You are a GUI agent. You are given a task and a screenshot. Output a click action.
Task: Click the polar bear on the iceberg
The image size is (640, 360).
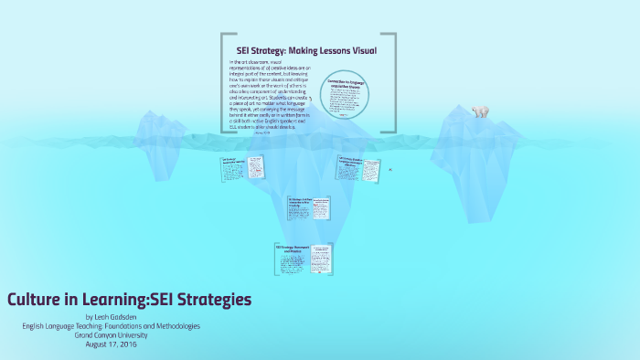tap(479, 111)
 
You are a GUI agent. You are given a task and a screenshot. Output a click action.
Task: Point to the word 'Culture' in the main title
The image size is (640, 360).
tap(34, 299)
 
